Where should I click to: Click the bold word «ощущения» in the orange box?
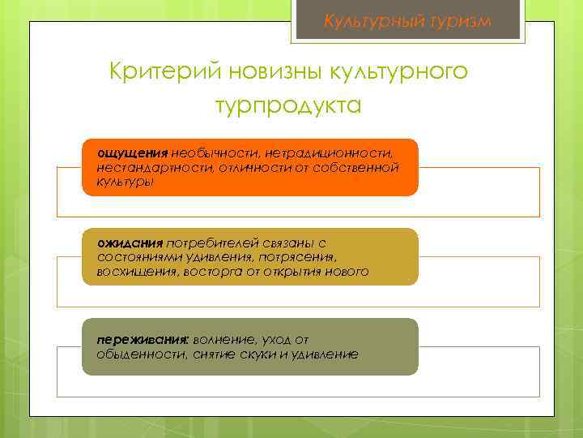(133, 153)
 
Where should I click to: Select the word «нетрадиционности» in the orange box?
(334, 153)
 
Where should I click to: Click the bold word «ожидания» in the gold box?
(130, 243)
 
